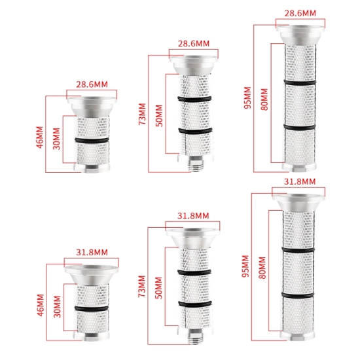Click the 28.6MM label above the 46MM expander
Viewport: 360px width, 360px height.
click(92, 84)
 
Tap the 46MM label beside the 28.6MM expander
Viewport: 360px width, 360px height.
click(40, 137)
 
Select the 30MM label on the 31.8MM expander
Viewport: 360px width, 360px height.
click(57, 306)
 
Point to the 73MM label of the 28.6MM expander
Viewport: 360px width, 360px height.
click(142, 114)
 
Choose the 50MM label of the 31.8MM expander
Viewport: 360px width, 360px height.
click(159, 288)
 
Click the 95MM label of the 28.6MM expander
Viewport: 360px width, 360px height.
click(247, 98)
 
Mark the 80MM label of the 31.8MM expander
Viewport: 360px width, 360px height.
click(262, 268)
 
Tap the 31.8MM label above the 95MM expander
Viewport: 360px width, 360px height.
click(300, 181)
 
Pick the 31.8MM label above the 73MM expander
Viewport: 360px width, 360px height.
click(193, 215)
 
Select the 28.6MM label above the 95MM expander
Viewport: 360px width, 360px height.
click(300, 13)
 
